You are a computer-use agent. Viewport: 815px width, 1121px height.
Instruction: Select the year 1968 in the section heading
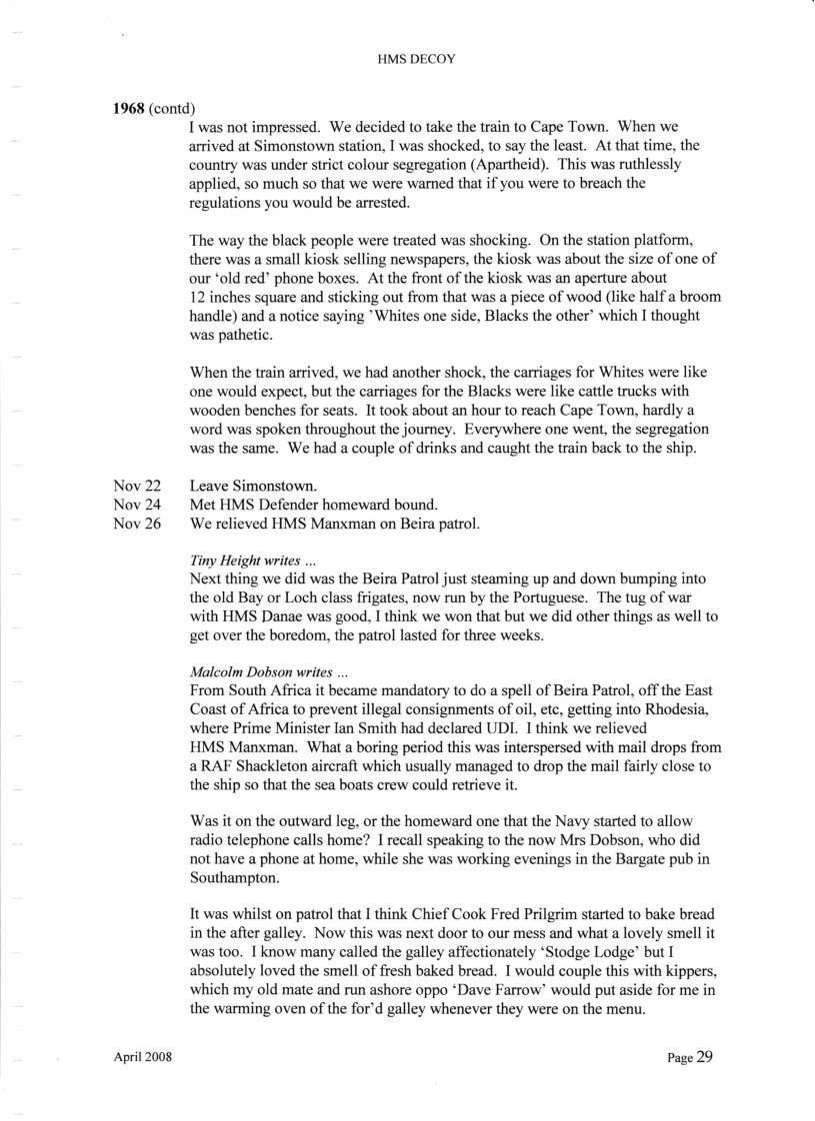click(129, 108)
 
